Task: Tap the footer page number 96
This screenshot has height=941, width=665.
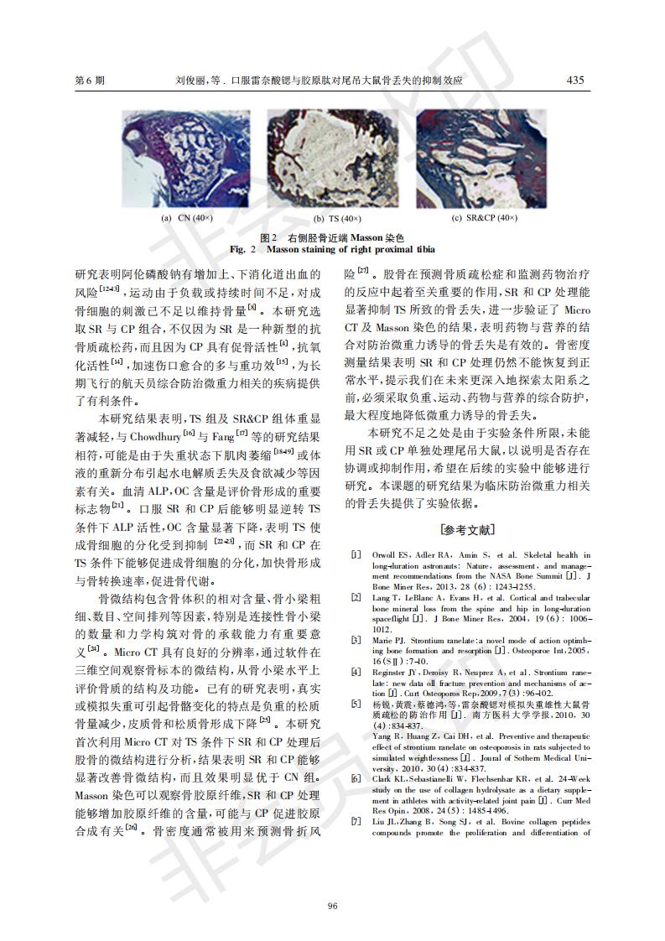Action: coord(332,881)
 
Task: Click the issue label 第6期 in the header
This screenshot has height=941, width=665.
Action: coord(90,81)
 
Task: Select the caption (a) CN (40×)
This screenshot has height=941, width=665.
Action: coord(187,218)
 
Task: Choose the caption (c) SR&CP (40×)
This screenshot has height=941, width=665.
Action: coord(485,218)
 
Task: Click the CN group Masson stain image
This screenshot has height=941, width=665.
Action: coord(186,159)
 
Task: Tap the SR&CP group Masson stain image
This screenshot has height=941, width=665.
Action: coord(484,159)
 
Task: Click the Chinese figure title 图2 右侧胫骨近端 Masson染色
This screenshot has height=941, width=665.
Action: coord(332,238)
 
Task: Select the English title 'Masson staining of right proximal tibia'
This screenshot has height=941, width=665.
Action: coord(351,250)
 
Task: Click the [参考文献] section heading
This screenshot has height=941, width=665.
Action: coord(468,530)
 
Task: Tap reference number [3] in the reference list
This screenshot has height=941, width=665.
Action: coord(356,640)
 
